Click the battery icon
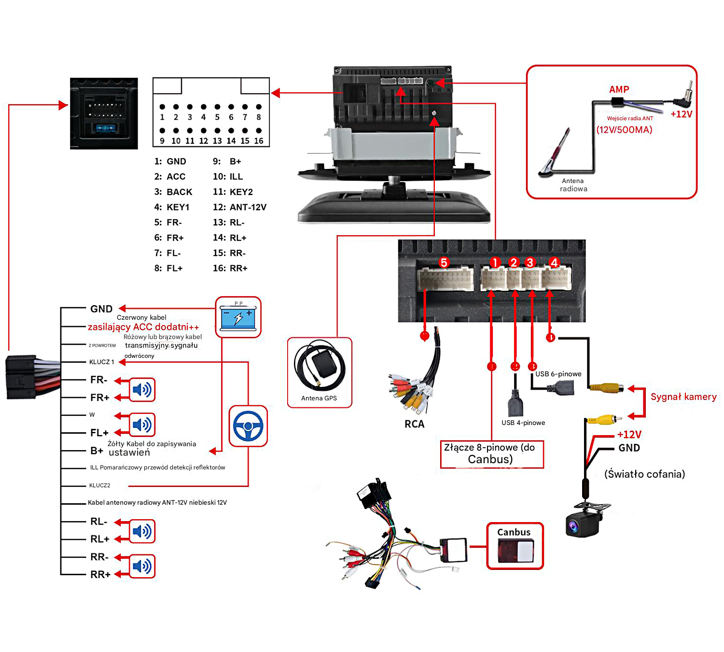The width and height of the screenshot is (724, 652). tap(238, 317)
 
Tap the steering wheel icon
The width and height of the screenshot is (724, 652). tap(248, 426)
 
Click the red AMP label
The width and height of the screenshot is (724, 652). tap(619, 89)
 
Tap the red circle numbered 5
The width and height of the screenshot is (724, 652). tap(444, 262)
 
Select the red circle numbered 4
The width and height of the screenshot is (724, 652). tap(554, 262)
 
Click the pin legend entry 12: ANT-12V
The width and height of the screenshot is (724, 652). tap(239, 207)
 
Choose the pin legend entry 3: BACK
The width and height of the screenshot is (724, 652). tap(173, 192)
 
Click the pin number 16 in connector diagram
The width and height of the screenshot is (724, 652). tap(259, 141)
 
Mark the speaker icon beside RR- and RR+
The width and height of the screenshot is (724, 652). tap(142, 566)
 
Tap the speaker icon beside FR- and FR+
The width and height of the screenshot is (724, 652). tap(142, 389)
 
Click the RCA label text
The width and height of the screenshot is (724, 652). tap(414, 424)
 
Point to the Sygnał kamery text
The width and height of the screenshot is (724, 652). tap(683, 397)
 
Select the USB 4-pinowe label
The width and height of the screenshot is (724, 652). tap(523, 423)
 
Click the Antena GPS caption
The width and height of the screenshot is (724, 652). tap(319, 398)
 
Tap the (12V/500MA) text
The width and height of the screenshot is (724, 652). tap(624, 130)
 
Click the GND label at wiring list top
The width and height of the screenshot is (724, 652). tap(101, 309)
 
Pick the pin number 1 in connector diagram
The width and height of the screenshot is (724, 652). tap(162, 117)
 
